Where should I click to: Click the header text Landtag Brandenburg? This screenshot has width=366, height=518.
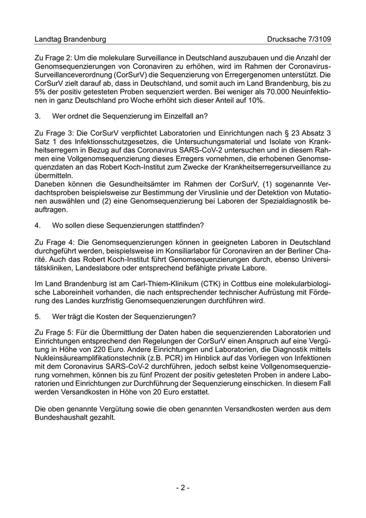coord(70,39)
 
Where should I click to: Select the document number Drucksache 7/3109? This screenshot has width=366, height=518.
coord(299,39)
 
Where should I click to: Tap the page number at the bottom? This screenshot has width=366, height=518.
coord(182,488)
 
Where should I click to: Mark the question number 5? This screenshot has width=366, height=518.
coord(37,316)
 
